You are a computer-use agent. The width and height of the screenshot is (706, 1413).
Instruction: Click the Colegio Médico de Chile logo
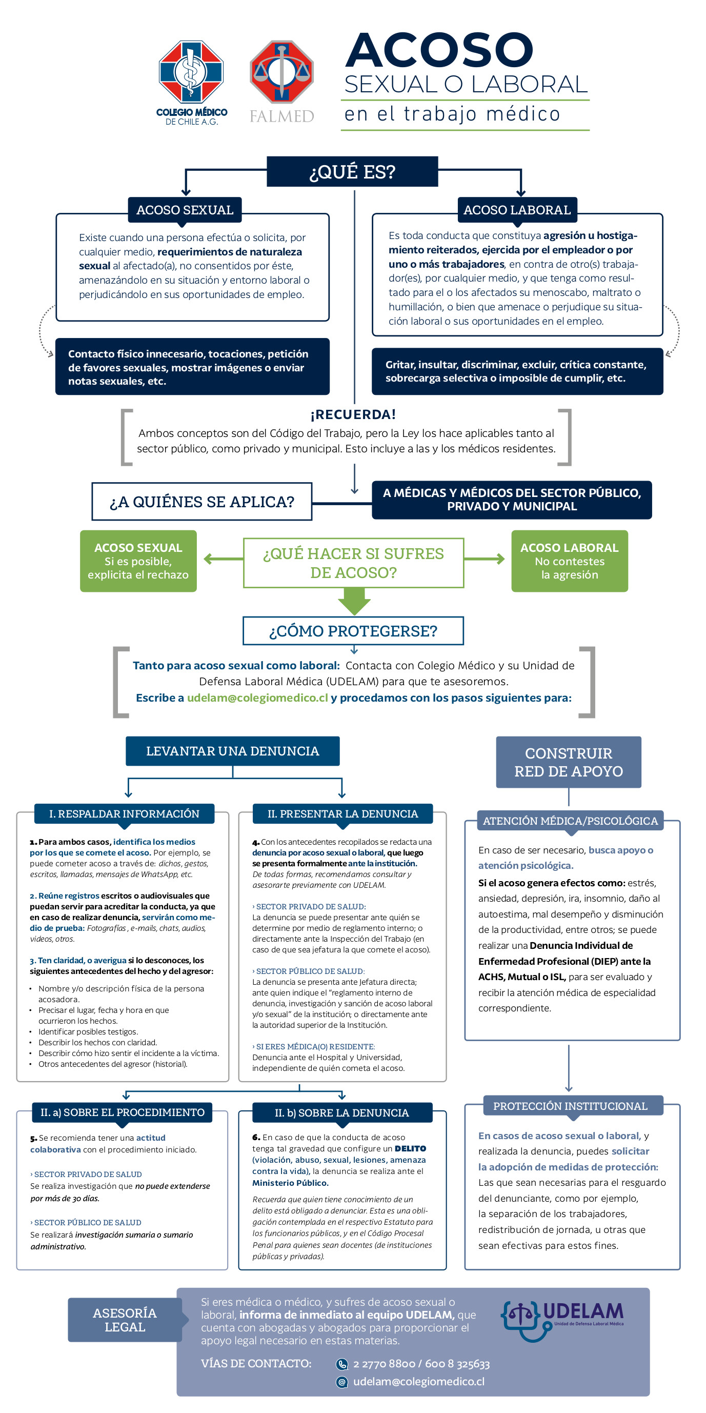191,83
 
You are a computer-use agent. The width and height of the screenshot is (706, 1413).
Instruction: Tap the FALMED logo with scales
282,81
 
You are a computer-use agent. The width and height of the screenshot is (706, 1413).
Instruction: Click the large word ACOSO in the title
438,50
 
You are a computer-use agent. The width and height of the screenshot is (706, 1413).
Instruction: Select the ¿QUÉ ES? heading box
352,172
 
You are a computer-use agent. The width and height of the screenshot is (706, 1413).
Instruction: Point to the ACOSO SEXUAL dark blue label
185,210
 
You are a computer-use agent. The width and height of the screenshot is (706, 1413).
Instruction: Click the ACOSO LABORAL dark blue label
517,210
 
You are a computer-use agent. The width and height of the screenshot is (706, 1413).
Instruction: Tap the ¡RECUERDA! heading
353,414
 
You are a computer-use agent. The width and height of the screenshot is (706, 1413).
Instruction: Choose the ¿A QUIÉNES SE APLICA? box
201,502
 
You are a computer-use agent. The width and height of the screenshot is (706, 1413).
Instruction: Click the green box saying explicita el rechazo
138,561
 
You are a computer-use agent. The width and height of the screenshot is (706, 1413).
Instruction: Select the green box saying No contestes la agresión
570,561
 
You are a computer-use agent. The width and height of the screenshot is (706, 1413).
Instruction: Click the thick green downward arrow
354,601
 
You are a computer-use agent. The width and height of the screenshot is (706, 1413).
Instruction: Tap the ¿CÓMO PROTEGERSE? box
353,631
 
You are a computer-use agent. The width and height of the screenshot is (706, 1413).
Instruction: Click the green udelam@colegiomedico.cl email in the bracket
257,698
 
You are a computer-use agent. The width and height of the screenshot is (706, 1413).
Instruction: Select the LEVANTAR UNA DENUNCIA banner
232,751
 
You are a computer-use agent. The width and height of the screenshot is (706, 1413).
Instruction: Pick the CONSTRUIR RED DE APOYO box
569,762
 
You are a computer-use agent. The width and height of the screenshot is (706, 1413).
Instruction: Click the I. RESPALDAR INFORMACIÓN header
124,813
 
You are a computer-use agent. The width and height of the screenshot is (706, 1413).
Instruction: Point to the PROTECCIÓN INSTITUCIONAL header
570,1106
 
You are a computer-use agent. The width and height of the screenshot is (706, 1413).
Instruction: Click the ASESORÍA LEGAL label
125,1319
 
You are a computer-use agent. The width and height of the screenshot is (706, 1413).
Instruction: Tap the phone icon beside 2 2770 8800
342,1364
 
